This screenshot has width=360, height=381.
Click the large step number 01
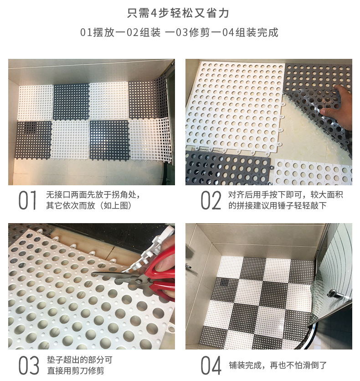tap(27, 200)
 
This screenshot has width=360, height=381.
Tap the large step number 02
tap(211, 200)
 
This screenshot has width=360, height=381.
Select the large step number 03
tap(29, 365)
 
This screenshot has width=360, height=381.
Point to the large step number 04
tap(211, 365)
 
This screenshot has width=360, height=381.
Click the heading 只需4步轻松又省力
tap(178, 13)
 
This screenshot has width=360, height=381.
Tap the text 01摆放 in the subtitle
tap(97, 32)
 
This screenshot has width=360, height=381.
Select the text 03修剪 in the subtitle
tap(192, 32)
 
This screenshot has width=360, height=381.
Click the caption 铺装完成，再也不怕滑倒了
tap(278, 365)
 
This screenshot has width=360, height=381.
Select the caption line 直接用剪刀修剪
tap(76, 371)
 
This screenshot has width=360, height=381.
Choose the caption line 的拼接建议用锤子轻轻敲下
tap(277, 206)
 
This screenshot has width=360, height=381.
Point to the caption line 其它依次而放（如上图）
tap(89, 206)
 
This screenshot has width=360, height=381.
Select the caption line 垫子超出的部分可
tap(80, 360)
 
